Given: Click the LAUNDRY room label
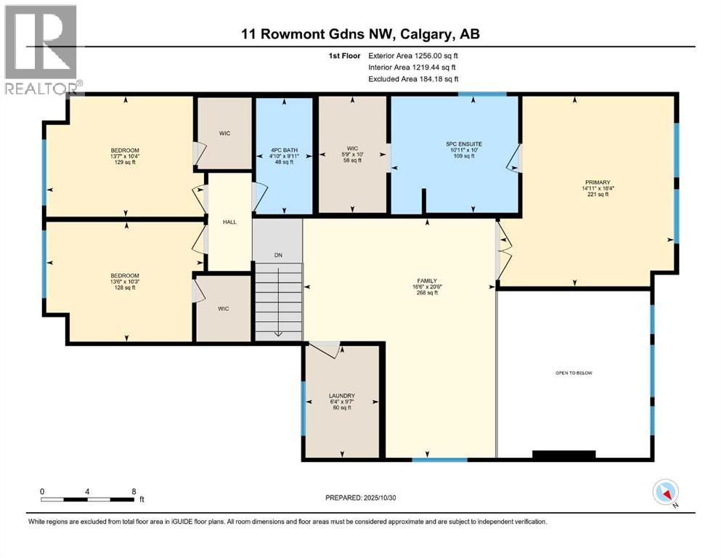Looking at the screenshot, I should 341,395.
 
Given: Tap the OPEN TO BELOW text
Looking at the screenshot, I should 574,373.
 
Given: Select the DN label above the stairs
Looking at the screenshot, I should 277,255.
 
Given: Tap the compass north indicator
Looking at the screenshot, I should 666,493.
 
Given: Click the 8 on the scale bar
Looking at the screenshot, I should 134,491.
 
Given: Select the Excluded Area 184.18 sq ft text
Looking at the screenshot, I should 413,78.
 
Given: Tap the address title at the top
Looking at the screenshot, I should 360,34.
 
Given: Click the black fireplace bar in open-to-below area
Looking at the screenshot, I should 564,455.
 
